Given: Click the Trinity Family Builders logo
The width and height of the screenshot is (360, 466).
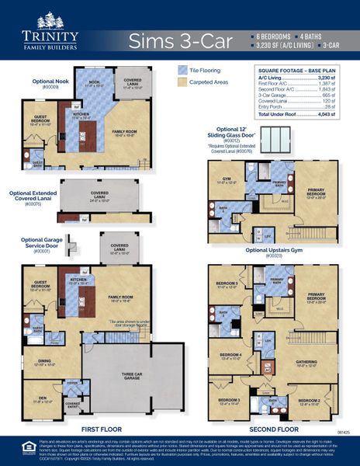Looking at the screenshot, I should (x=51, y=31).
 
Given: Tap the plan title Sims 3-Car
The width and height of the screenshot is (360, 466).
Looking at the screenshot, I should (x=180, y=40).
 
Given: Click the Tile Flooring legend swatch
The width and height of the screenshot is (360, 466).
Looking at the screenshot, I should (x=183, y=69).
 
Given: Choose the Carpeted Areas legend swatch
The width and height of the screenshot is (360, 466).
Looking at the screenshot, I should (x=183, y=81).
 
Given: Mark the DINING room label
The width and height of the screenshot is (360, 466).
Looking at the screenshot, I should (x=43, y=361).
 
